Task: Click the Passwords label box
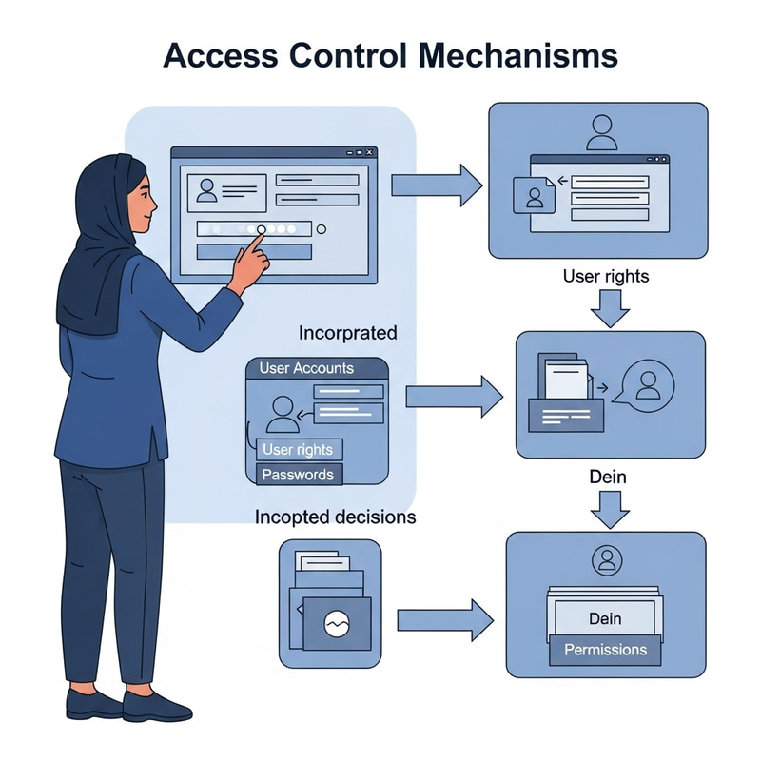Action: [298, 475]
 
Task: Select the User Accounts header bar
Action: [316, 368]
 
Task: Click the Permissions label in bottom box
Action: [605, 651]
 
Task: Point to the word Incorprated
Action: [348, 334]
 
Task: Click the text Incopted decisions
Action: [335, 517]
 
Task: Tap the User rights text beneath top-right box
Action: [606, 277]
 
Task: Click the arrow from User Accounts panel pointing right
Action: [453, 395]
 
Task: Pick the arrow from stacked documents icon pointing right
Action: [443, 619]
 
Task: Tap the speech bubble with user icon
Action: [646, 385]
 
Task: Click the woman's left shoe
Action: [95, 705]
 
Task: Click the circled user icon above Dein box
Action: [605, 559]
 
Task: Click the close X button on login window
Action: [370, 152]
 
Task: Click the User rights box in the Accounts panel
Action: [301, 449]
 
